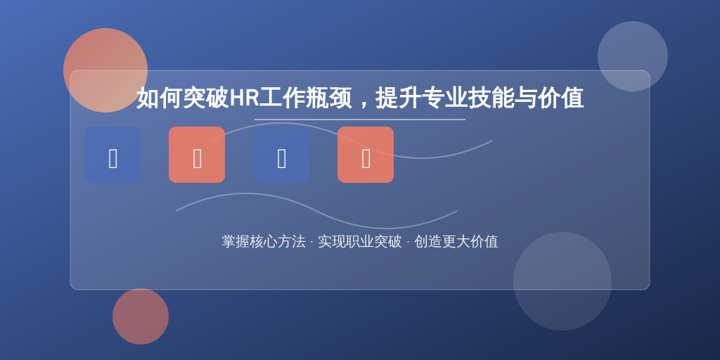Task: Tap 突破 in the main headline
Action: point(205,98)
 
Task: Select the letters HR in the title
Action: point(244,98)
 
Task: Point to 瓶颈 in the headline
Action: point(328,98)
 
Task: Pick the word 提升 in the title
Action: point(398,98)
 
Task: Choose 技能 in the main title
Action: point(491,98)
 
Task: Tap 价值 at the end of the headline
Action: point(560,98)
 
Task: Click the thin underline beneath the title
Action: point(360,120)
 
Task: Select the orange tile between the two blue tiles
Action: point(197,155)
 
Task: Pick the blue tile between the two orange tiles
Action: point(281,155)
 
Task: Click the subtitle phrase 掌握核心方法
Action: point(264,242)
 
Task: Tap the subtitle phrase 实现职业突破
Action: point(360,242)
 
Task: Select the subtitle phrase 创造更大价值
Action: point(456,242)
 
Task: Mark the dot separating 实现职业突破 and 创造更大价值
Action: point(408,242)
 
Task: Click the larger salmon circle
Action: point(105,70)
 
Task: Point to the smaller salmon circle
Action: point(141,316)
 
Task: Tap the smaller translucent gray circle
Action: point(633,56)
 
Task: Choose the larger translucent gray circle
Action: point(562,281)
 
